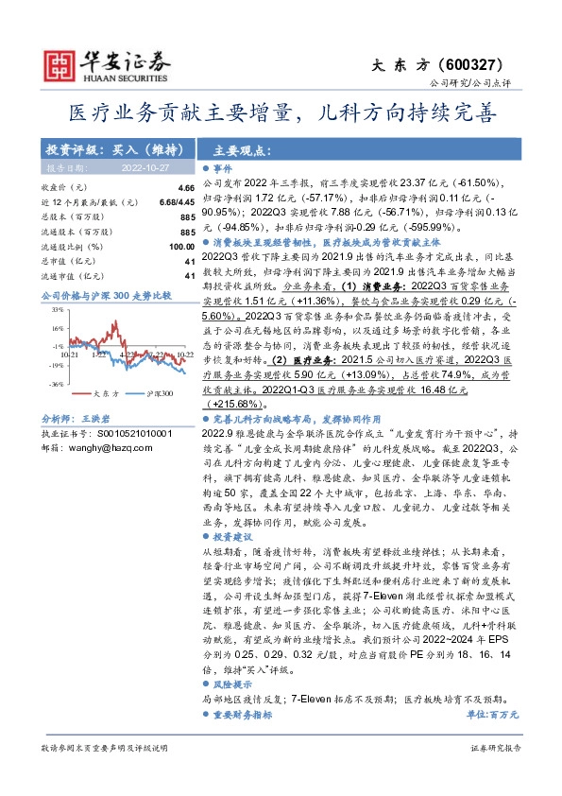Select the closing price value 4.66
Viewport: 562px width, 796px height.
(185, 188)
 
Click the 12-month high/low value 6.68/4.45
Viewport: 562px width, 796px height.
(177, 202)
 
